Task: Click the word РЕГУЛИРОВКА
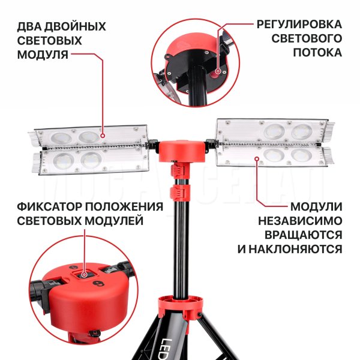tap(299, 25)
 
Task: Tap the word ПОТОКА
tap(317, 53)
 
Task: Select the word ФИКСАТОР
tap(49, 207)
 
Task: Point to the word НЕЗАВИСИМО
tap(300, 221)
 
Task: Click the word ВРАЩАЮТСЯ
tap(303, 235)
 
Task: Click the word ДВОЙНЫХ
tap(75, 26)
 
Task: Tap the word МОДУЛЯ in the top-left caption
tap(43, 55)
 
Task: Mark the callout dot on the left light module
tap(103, 136)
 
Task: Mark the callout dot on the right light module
tap(257, 158)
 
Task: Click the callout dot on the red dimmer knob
tap(218, 71)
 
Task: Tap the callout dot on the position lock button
tap(84, 275)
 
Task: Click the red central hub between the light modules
tap(181, 151)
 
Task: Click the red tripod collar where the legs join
tap(181, 306)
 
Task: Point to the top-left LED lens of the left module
tap(61, 139)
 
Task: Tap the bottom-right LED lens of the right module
tap(301, 155)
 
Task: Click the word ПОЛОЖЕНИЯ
tap(124, 207)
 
